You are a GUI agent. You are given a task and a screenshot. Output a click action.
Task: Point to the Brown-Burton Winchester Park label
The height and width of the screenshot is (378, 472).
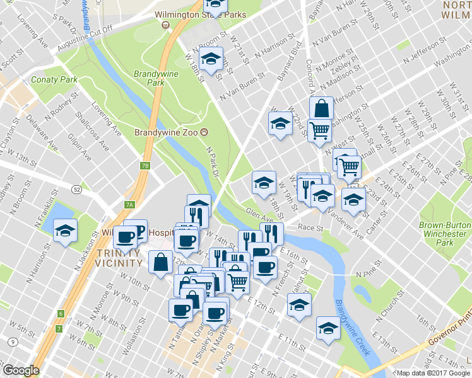[x=445, y=233]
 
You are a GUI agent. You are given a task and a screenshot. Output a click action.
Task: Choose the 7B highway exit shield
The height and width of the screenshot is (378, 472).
[x=146, y=166]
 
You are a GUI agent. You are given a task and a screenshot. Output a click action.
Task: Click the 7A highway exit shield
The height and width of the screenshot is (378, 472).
[x=130, y=205]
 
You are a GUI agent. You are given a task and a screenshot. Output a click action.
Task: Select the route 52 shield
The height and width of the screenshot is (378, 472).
[x=76, y=188]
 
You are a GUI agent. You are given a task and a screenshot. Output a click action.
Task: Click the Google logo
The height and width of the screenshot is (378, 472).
[x=21, y=370]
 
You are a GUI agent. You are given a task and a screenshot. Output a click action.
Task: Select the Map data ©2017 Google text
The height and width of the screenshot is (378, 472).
[x=434, y=373]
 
